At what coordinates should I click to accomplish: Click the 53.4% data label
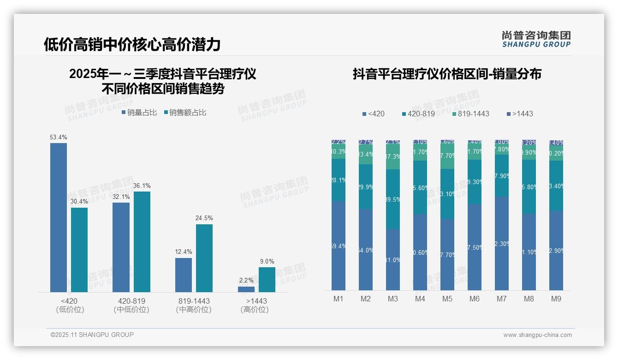tap(59, 137)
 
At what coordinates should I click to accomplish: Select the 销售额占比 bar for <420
tap(79, 250)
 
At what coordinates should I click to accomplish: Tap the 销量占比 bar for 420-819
tap(121, 247)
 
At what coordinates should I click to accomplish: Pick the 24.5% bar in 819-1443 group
tap(204, 258)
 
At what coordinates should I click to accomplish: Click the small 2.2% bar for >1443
tap(246, 289)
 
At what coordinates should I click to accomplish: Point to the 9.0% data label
tap(267, 261)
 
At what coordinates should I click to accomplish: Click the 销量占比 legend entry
tap(139, 113)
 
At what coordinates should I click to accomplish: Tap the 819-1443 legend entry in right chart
tap(470, 114)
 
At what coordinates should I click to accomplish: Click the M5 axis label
tap(447, 299)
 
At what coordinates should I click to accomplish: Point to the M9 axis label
tap(556, 299)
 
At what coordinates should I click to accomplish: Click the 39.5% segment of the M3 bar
tap(393, 199)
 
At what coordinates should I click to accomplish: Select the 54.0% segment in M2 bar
tap(366, 250)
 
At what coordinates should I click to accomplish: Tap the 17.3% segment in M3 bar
tap(393, 156)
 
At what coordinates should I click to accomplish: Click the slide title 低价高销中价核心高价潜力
tap(132, 44)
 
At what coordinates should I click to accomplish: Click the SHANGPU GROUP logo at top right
tap(536, 39)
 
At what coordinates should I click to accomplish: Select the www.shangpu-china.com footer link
tap(537, 335)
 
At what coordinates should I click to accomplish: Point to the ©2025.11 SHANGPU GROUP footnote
tap(92, 335)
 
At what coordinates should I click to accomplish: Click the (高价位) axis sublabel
tap(255, 310)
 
